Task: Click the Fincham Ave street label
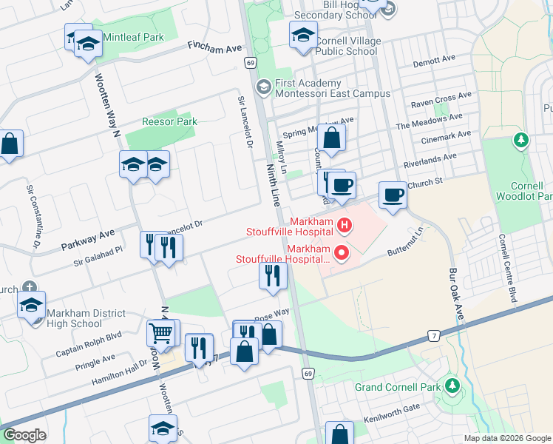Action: tap(215, 47)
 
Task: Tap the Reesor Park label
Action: tap(169, 121)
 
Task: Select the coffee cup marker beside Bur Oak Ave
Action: tap(393, 195)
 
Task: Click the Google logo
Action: tap(24, 436)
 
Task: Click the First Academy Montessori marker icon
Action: tap(263, 88)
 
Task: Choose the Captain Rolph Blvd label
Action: tap(88, 343)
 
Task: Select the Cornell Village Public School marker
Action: tap(303, 35)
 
